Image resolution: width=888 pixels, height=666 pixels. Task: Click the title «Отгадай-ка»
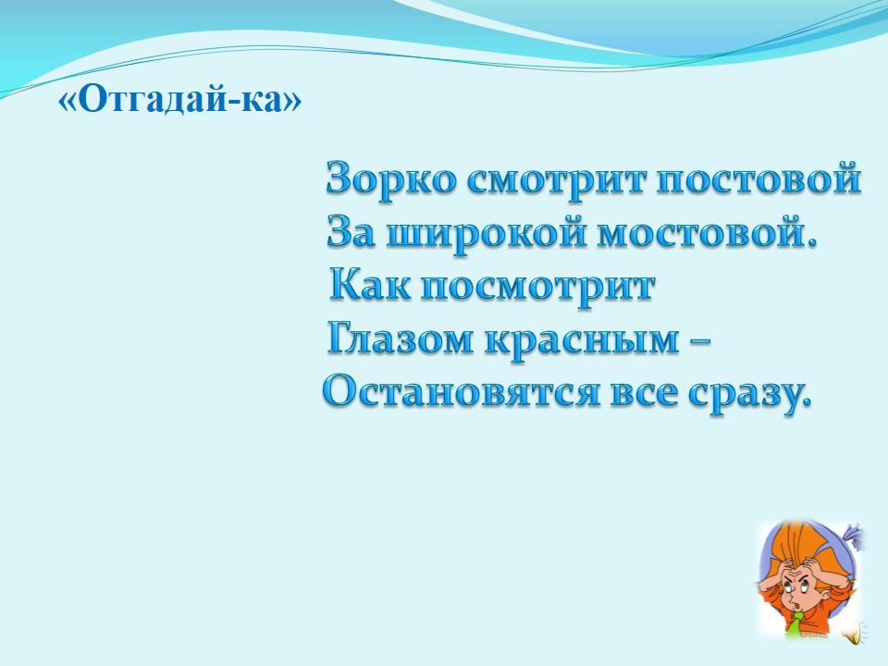pos(180,100)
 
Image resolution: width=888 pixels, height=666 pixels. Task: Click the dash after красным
pos(700,341)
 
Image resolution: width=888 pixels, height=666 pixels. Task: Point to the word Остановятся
pos(461,392)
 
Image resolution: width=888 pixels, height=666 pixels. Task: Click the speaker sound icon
pos(852,631)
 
